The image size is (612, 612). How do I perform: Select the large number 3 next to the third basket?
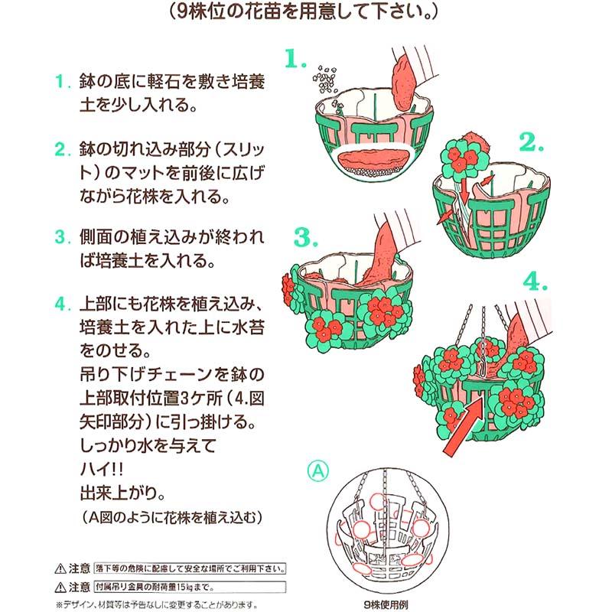304,238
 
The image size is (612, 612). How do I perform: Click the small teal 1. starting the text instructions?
60,81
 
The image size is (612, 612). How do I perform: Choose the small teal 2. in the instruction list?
60,147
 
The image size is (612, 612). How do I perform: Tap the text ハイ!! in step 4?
101,466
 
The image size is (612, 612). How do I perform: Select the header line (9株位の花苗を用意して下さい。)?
305,13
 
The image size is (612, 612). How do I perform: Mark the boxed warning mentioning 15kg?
188,588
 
